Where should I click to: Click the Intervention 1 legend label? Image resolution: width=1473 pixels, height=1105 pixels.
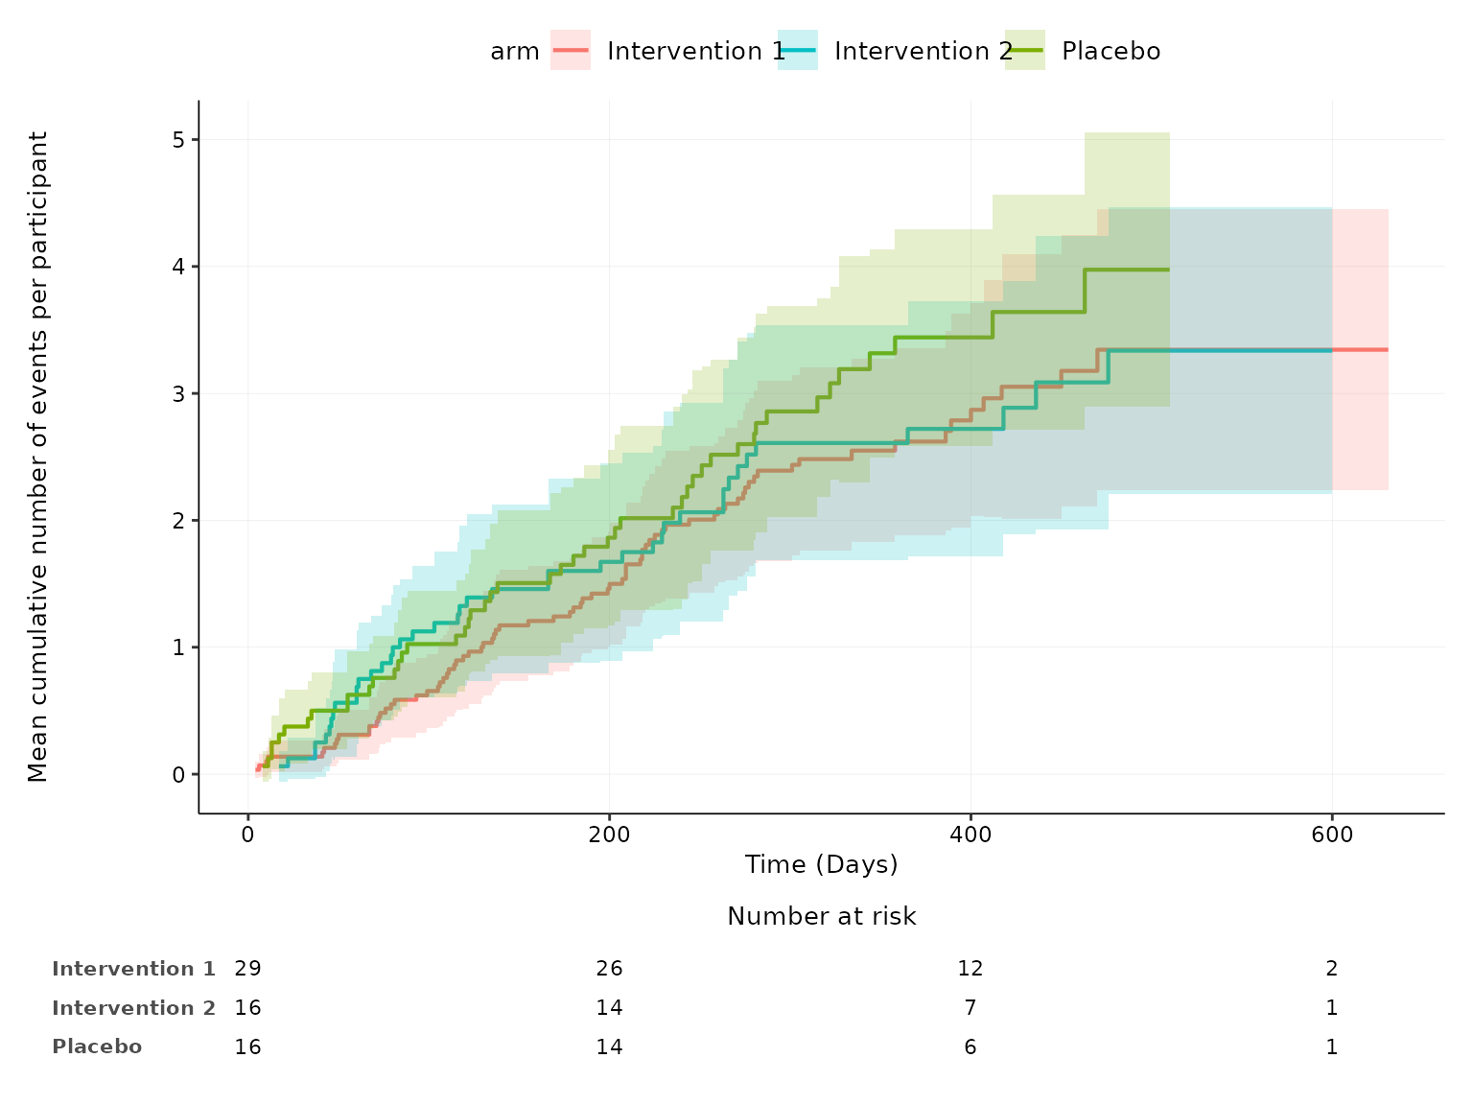pyautogui.click(x=696, y=51)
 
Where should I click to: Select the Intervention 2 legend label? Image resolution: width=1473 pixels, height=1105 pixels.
pyautogui.click(x=923, y=51)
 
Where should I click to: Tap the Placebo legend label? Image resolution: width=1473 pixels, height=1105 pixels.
pyautogui.click(x=1111, y=51)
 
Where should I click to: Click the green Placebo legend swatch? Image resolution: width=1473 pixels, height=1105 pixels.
pyautogui.click(x=1025, y=51)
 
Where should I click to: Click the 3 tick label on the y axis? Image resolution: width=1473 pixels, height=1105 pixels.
pyautogui.click(x=179, y=393)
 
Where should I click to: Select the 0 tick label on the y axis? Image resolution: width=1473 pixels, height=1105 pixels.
pyautogui.click(x=179, y=774)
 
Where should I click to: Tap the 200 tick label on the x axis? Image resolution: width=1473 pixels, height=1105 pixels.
pyautogui.click(x=609, y=835)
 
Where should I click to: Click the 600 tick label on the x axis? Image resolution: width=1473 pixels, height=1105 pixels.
pyautogui.click(x=1332, y=835)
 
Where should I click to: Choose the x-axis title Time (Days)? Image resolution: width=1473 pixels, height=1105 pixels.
pyautogui.click(x=822, y=864)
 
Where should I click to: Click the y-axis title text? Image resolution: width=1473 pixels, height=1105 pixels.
pyautogui.click(x=37, y=457)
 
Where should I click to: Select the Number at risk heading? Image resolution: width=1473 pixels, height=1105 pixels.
pyautogui.click(x=822, y=916)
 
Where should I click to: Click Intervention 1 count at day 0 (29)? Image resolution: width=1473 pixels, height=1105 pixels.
pyautogui.click(x=247, y=968)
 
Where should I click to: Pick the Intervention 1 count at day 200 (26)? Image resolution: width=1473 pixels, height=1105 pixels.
pyautogui.click(x=609, y=968)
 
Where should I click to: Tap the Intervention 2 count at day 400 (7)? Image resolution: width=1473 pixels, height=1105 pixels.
pyautogui.click(x=970, y=1007)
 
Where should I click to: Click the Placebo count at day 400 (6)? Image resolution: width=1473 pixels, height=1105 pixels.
pyautogui.click(x=970, y=1046)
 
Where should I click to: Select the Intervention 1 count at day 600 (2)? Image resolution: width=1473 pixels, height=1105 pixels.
pyautogui.click(x=1332, y=968)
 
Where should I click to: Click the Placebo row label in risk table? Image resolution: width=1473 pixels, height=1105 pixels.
pyautogui.click(x=97, y=1046)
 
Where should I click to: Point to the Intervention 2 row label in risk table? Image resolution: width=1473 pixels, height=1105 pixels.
pyautogui.click(x=133, y=1007)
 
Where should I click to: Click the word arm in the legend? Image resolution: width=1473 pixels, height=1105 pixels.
pyautogui.click(x=515, y=51)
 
